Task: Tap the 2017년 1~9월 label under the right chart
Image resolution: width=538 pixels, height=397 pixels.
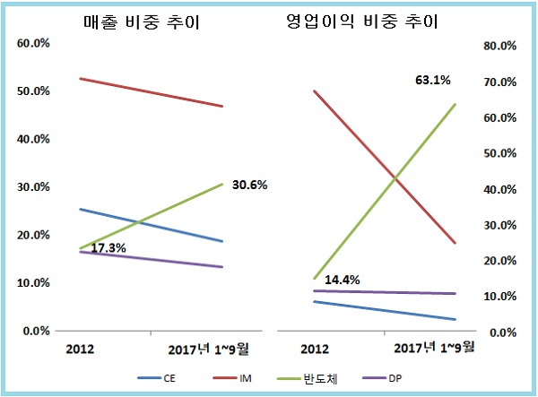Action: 436,347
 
